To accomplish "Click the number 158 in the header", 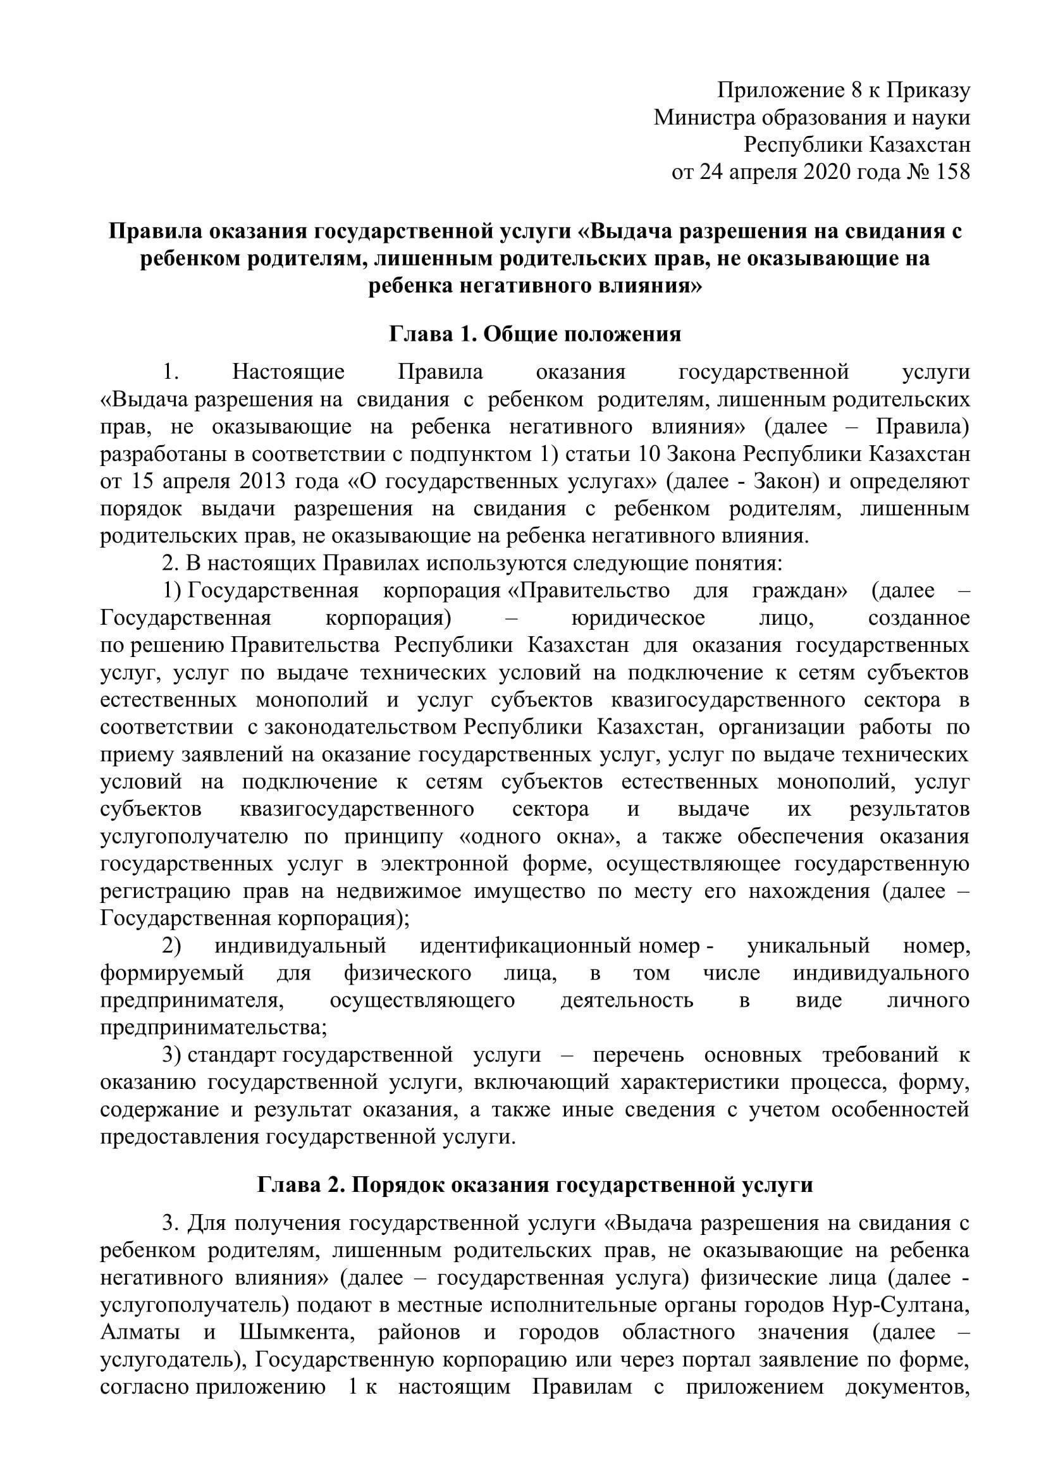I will [x=952, y=173].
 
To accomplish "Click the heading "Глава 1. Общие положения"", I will [x=534, y=334].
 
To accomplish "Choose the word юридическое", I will [x=637, y=618].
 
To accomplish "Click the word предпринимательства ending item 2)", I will [x=212, y=1028].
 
